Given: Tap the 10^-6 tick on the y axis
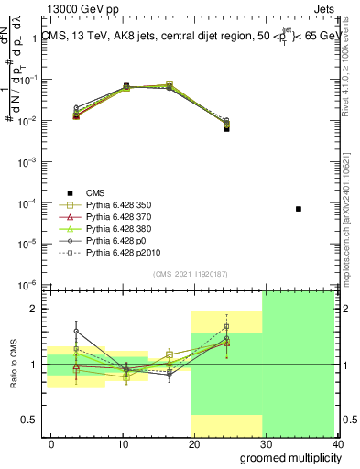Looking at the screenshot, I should point(28,284).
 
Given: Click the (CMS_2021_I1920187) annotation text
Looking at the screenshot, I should point(191,274).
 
